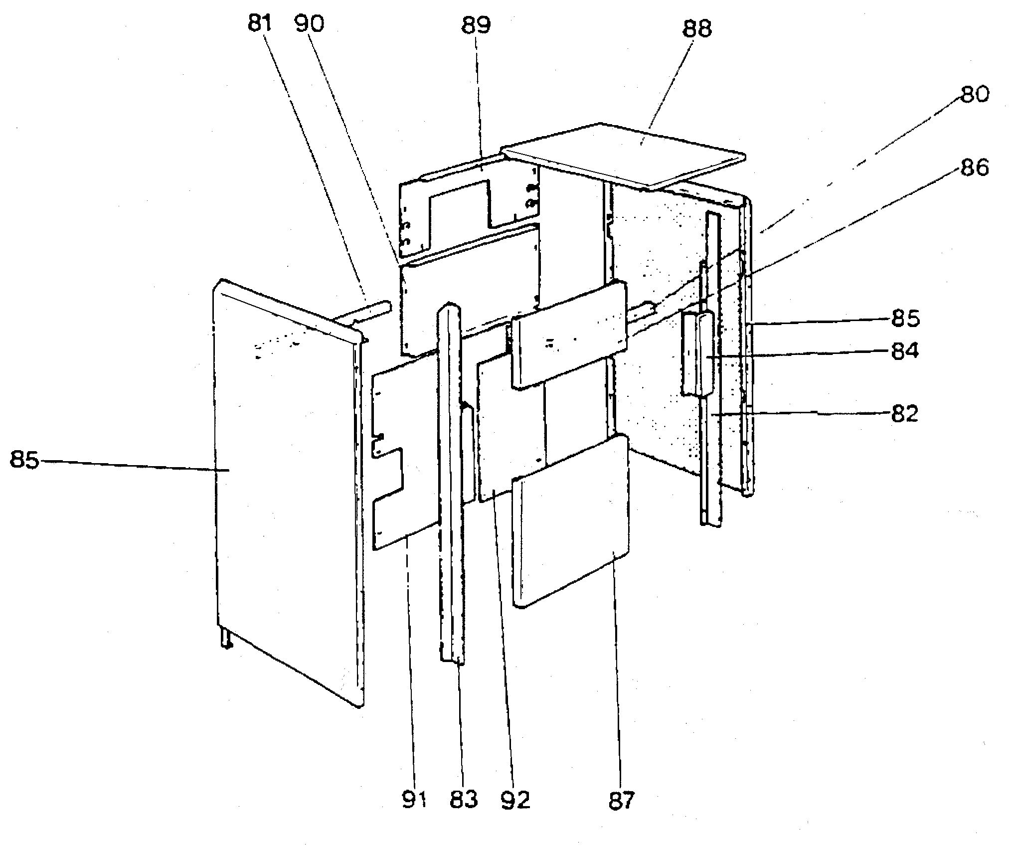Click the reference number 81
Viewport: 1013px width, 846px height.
[259, 24]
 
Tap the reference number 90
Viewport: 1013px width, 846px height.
[309, 24]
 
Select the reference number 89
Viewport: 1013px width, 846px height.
[476, 25]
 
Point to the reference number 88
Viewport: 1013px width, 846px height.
[697, 29]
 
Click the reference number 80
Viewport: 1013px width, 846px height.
[974, 94]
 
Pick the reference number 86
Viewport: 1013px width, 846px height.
[974, 168]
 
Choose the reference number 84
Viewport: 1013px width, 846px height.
[905, 352]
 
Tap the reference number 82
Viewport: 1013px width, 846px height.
[905, 414]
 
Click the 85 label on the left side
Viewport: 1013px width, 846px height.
[24, 460]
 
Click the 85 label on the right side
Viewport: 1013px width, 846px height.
[905, 318]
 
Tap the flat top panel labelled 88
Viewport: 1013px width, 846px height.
[623, 155]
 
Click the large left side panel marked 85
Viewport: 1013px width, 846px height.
[284, 474]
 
